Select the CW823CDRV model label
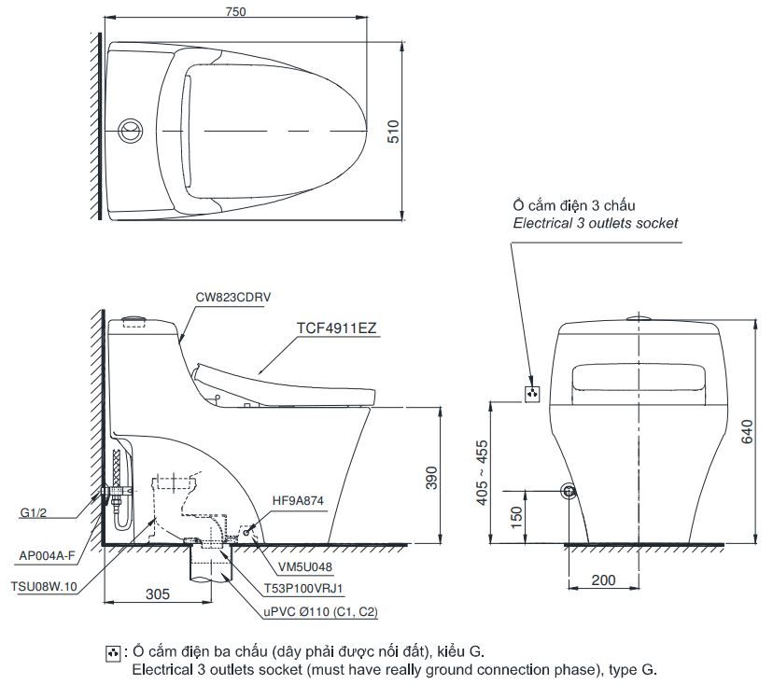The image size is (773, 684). click(x=233, y=297)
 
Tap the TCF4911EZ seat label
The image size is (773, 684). click(x=337, y=328)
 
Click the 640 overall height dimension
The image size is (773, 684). click(x=746, y=430)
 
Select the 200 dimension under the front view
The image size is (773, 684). click(x=604, y=579)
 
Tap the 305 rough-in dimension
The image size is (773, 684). click(x=158, y=593)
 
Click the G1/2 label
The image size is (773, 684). click(x=34, y=512)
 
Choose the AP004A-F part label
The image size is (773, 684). click(x=47, y=555)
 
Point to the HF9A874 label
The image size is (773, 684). click(x=298, y=501)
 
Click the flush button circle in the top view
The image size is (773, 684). click(x=131, y=130)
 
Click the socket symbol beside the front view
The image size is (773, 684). click(x=533, y=393)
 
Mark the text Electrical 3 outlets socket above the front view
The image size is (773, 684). click(x=596, y=223)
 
